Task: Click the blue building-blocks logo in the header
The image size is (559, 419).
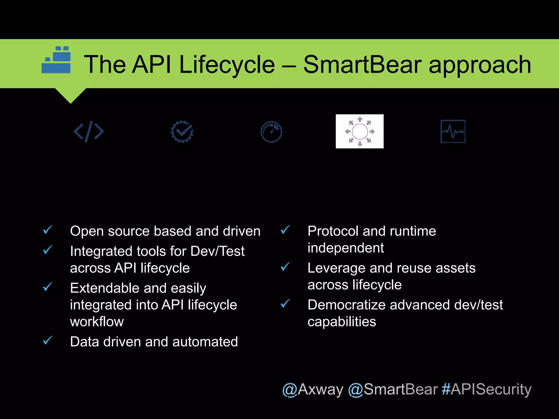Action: tap(56, 60)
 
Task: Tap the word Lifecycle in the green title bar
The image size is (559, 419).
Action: tap(227, 65)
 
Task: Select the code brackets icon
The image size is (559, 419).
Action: tap(89, 131)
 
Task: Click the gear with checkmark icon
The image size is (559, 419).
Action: tap(182, 131)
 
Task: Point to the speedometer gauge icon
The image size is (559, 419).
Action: tap(271, 132)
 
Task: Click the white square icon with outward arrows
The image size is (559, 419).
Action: tap(359, 131)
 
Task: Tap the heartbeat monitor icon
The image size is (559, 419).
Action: tap(453, 131)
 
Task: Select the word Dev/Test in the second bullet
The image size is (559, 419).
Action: tap(217, 251)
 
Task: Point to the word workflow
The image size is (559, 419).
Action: tap(97, 322)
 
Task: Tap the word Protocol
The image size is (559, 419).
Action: tap(333, 231)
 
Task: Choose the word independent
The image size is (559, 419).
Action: tap(346, 248)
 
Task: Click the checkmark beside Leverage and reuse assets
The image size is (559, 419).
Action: tap(285, 267)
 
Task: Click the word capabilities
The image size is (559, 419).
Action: tap(342, 322)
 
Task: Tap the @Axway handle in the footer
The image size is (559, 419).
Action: tap(313, 389)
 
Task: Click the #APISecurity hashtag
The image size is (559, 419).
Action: tap(486, 389)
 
